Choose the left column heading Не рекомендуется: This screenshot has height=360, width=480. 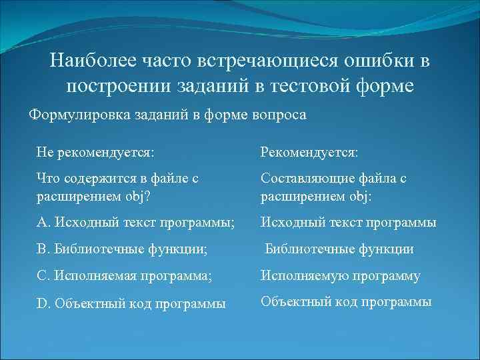pyautogui.click(x=95, y=153)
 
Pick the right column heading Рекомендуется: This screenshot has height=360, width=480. pyautogui.click(x=309, y=153)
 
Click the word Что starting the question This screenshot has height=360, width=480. pyautogui.click(x=48, y=179)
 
